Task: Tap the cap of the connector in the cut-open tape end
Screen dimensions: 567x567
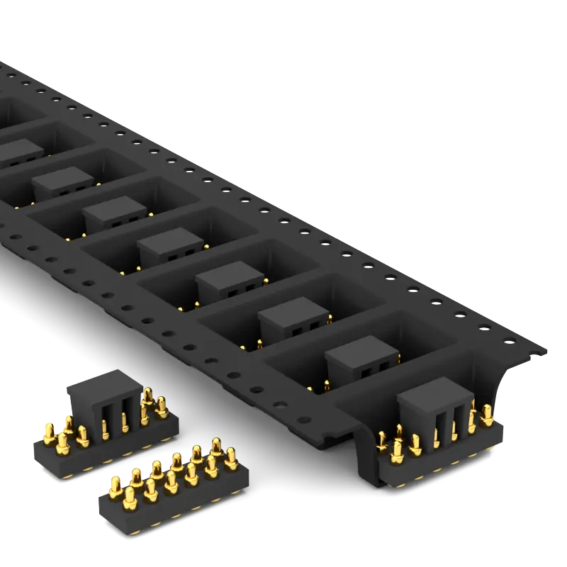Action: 430,394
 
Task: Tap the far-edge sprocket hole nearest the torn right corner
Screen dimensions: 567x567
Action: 509,341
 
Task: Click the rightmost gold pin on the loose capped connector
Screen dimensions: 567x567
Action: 162,408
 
